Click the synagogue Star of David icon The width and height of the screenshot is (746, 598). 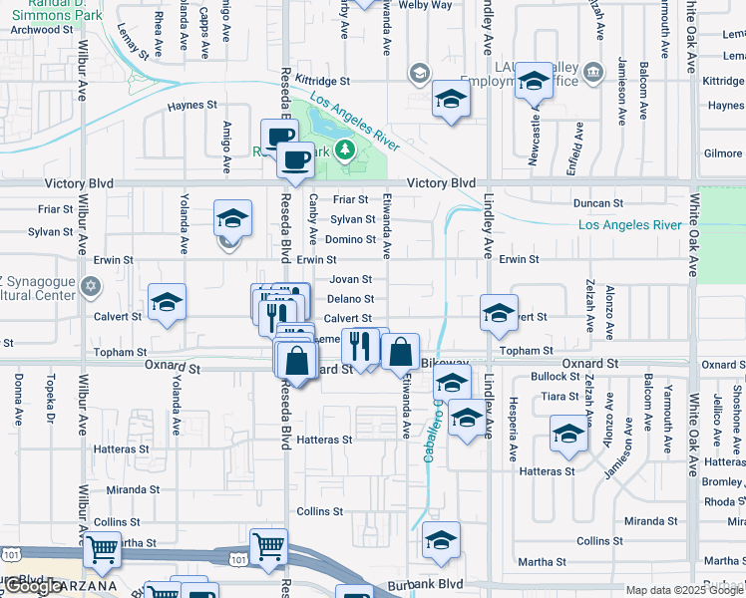point(91,287)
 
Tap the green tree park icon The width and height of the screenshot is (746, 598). point(345,150)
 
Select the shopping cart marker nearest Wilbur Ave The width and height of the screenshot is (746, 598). point(102,547)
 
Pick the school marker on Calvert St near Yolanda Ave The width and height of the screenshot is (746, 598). point(167,302)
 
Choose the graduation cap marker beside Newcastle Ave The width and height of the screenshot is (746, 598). point(534,81)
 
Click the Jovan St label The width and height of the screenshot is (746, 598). point(350,280)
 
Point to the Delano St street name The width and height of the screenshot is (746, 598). point(350,299)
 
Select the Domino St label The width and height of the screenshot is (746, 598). point(350,240)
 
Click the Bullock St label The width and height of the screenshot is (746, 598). point(556,377)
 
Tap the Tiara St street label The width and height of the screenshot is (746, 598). point(554,396)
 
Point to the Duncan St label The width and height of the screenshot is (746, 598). point(598,203)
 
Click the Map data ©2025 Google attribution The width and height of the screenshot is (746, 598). point(684,590)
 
